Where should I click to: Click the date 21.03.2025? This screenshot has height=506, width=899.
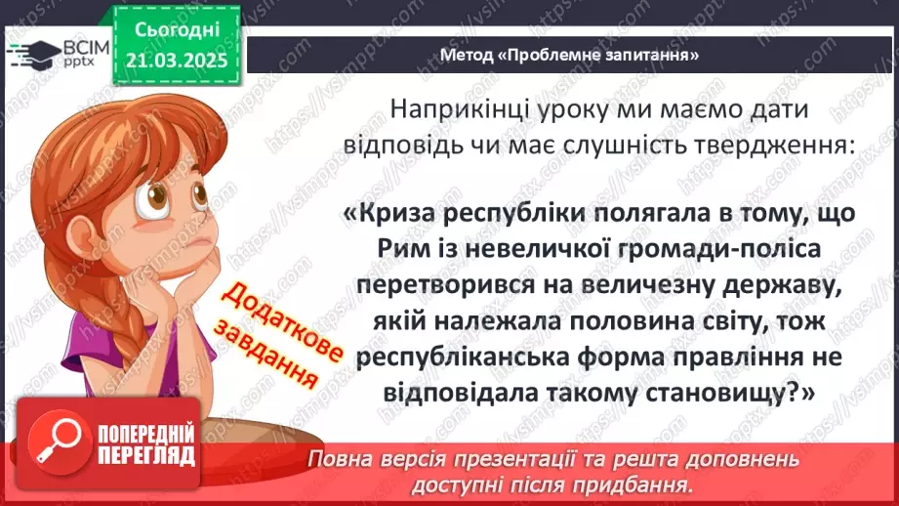point(178,61)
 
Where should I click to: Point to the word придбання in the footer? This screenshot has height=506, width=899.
point(637,484)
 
